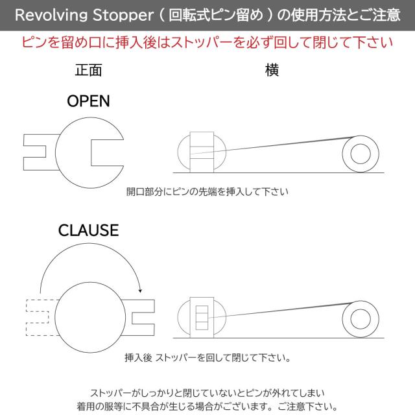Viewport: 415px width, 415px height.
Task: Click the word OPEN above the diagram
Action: (x=88, y=101)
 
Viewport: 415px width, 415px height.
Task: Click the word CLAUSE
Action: (x=88, y=230)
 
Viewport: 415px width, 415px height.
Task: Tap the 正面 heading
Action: (x=88, y=70)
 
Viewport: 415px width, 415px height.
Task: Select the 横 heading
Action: (x=272, y=70)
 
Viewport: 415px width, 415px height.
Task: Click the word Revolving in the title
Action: (x=51, y=15)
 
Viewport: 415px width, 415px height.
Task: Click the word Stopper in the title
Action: (x=123, y=15)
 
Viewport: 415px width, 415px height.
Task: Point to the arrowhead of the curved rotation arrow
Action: (x=140, y=291)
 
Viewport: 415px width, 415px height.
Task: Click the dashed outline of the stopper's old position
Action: (x=27, y=318)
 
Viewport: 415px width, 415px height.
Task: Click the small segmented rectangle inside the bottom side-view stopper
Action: (x=202, y=318)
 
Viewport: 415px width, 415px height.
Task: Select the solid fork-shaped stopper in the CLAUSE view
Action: (x=154, y=318)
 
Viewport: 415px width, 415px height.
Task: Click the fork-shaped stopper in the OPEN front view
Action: (x=24, y=152)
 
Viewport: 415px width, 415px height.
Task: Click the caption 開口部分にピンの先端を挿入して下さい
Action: (x=207, y=192)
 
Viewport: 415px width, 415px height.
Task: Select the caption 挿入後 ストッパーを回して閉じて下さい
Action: (x=207, y=358)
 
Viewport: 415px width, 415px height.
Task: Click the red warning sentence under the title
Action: (x=207, y=42)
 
